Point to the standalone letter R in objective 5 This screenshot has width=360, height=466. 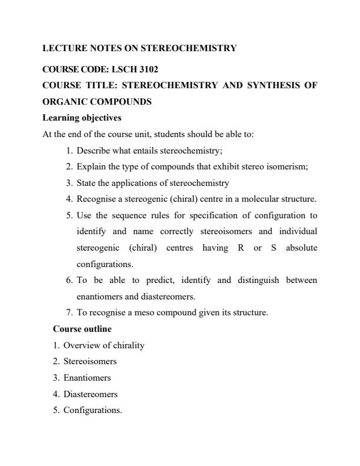(x=241, y=247)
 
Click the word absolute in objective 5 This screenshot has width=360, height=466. (x=301, y=247)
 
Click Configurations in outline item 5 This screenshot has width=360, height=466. (x=92, y=410)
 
